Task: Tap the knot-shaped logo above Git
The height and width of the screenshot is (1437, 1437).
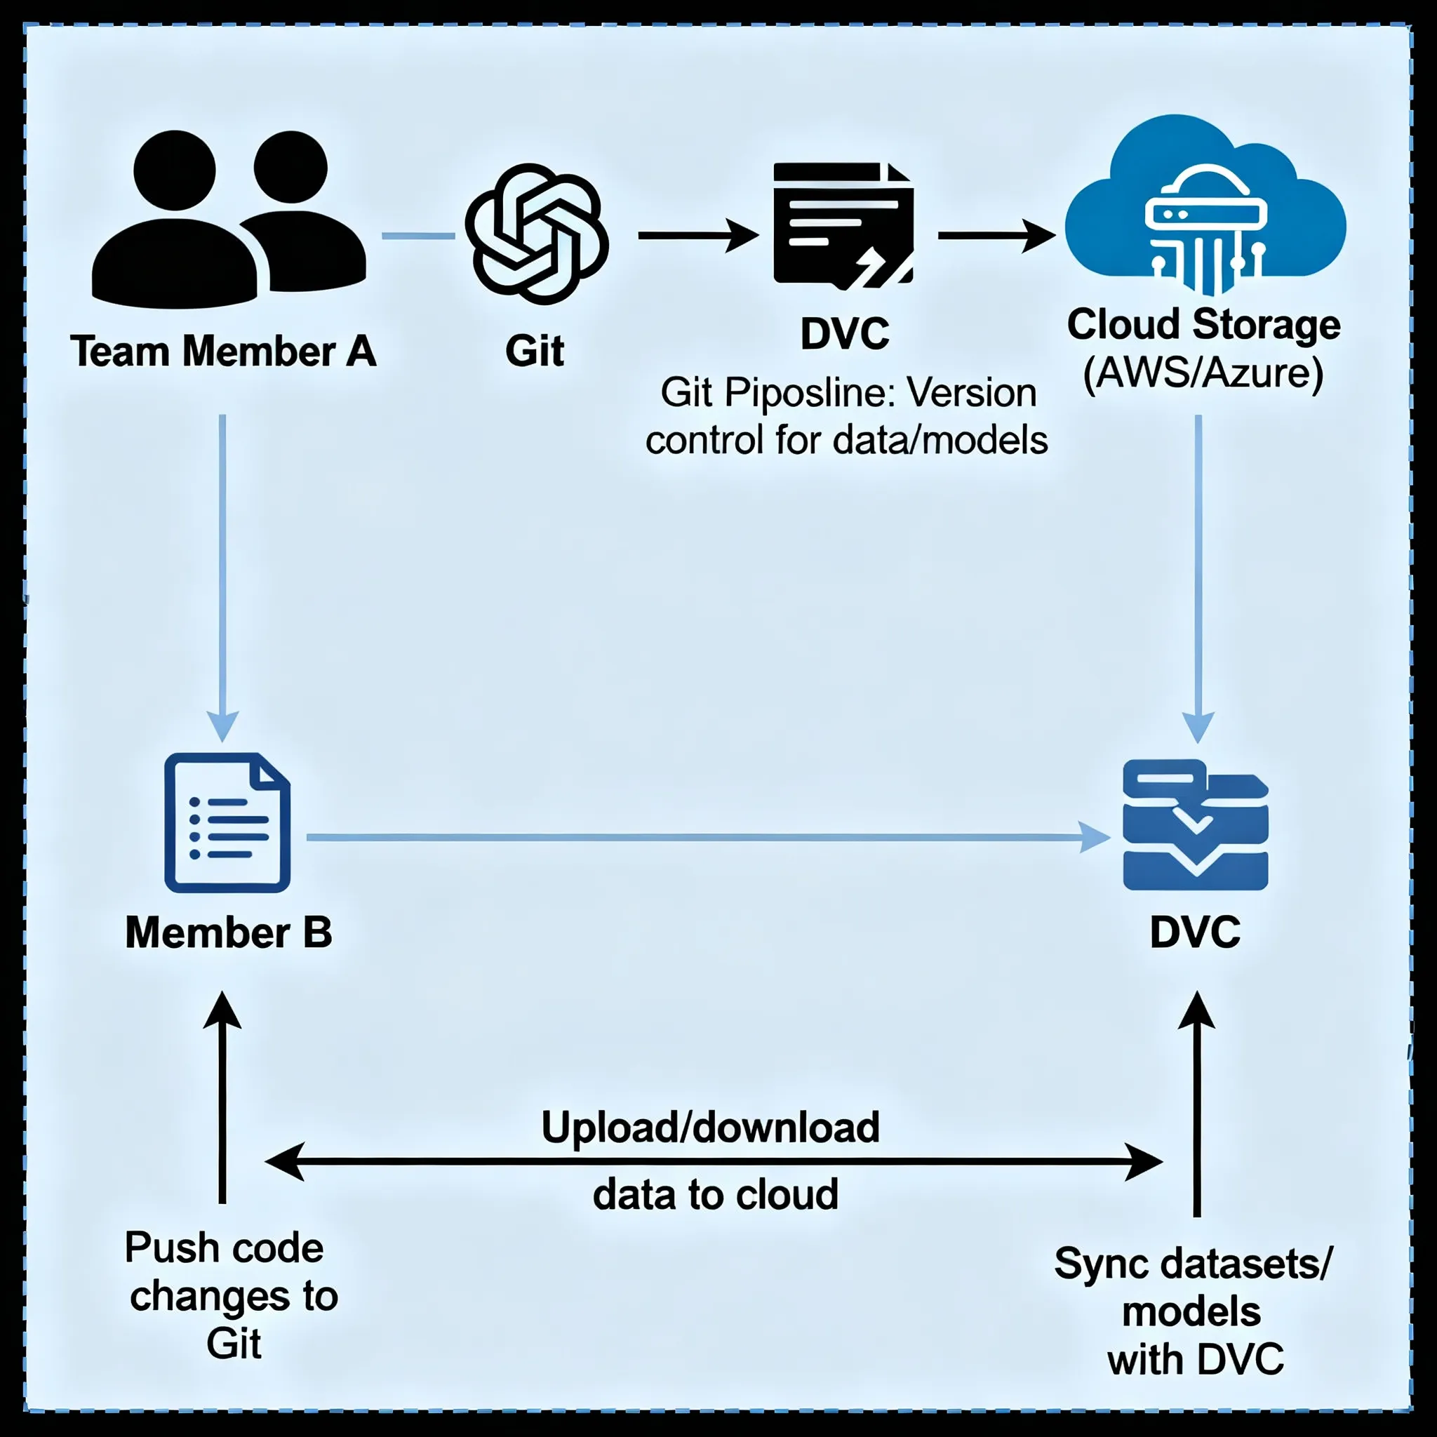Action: [536, 234]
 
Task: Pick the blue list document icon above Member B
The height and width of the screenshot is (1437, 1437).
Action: [227, 822]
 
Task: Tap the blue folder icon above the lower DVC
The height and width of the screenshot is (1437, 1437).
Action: [1194, 825]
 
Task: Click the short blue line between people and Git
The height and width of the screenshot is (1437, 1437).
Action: [418, 236]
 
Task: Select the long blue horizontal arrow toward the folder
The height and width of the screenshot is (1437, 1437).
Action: [707, 838]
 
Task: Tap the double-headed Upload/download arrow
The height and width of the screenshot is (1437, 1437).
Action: [714, 1161]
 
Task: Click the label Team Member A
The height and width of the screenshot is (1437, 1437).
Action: [223, 351]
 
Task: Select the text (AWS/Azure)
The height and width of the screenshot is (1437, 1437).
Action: [1203, 373]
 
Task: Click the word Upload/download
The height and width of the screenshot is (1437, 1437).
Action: [710, 1127]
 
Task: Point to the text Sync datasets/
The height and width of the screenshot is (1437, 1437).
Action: [1193, 1263]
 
